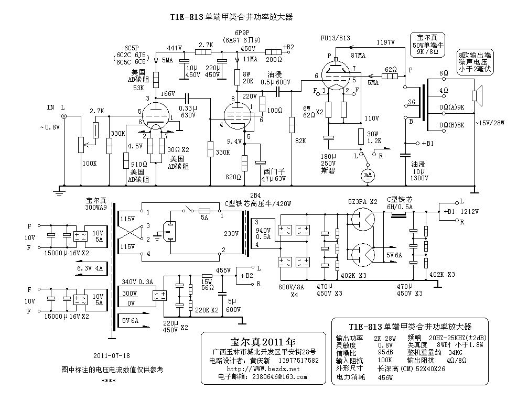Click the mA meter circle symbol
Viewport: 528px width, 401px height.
(368, 175)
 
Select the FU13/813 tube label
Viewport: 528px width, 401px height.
(335, 38)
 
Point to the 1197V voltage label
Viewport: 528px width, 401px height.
(385, 42)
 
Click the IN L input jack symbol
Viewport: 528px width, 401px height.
(64, 116)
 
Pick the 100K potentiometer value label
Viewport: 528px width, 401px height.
(90, 164)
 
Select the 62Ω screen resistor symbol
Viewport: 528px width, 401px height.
(390, 76)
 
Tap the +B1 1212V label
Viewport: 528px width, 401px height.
(461, 212)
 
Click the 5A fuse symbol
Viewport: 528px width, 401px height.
(204, 211)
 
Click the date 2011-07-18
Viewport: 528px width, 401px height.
(112, 355)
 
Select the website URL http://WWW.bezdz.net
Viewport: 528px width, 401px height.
(263, 369)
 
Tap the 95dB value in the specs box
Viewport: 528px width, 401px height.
(385, 352)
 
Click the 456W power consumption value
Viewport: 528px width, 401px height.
(385, 377)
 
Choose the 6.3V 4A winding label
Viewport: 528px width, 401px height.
(90, 268)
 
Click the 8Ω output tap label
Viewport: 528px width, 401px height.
(444, 73)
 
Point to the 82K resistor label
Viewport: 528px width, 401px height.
(300, 140)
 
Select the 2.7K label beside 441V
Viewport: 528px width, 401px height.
(206, 45)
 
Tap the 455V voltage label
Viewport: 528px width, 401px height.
(223, 270)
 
